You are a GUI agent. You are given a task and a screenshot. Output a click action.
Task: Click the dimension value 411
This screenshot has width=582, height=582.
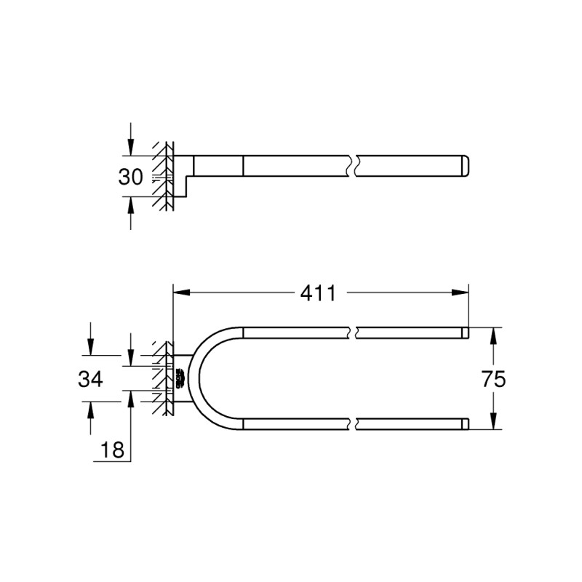pyautogui.click(x=319, y=294)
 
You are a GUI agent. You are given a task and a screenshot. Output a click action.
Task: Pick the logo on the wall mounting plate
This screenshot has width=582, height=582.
pyautogui.click(x=178, y=378)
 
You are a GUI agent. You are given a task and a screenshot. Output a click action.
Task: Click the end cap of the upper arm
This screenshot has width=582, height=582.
pyautogui.click(x=465, y=332)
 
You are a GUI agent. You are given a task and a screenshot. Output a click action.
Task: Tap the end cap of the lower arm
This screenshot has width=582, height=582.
pyautogui.click(x=465, y=423)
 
